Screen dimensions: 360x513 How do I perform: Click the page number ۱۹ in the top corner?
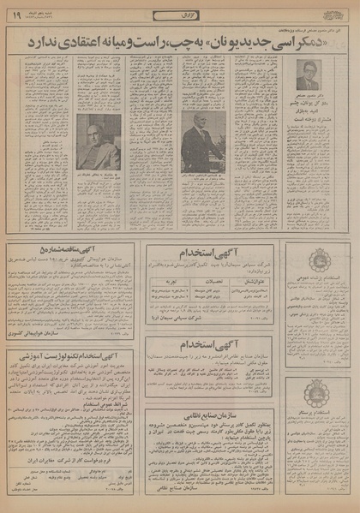(x=16, y=14)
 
